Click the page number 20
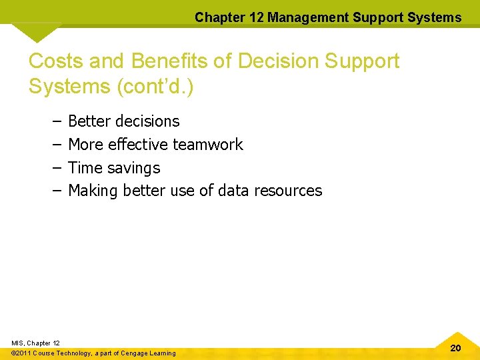455,348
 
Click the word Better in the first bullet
89,121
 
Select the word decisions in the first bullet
147,121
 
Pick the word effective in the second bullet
137,145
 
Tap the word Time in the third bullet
85,168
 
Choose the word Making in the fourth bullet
92,191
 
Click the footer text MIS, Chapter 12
35,343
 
